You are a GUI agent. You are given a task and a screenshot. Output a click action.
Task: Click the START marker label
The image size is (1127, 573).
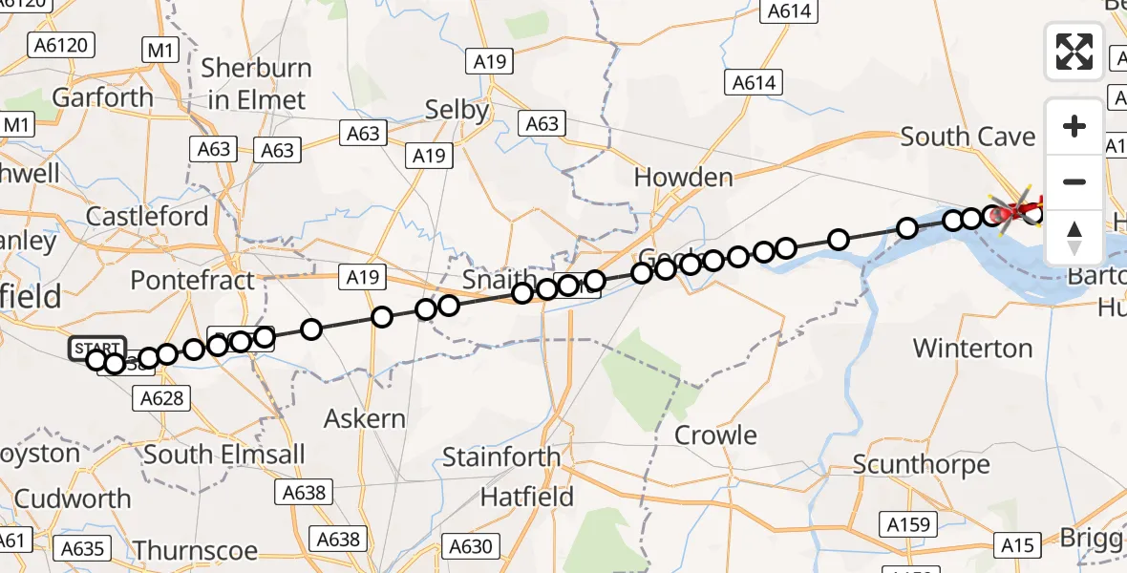[x=96, y=348]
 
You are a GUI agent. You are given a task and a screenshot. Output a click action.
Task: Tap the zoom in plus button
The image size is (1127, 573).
[x=1074, y=126]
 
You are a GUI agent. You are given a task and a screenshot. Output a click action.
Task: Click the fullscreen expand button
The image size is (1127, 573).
[x=1074, y=52]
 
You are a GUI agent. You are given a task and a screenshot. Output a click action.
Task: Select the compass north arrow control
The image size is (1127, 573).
[x=1074, y=237]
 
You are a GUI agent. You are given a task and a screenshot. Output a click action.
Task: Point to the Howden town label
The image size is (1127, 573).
[x=684, y=178]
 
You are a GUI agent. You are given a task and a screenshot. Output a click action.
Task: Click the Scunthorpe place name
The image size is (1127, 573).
[x=921, y=465]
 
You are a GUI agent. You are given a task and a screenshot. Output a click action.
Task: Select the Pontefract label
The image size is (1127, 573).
[x=193, y=281]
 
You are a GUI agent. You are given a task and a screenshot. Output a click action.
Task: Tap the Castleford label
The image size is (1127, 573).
[x=147, y=217]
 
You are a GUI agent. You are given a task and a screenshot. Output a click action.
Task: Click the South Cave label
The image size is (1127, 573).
[x=968, y=138]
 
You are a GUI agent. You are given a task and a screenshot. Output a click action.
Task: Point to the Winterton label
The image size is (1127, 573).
[x=972, y=349]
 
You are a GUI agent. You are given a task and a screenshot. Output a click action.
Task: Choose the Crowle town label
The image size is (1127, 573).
[x=715, y=435]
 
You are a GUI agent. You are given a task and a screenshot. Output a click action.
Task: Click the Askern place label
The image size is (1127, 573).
[x=364, y=418]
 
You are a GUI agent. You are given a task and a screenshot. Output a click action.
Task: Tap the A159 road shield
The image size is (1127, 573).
[x=906, y=525]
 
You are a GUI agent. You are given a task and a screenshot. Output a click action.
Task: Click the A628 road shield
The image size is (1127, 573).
[x=160, y=397]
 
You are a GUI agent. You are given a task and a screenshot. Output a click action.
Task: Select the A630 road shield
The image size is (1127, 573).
[x=470, y=546]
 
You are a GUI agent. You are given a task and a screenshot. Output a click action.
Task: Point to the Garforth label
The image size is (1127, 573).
[x=102, y=97]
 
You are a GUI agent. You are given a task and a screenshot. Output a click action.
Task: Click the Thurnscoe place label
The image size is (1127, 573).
[x=196, y=550]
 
